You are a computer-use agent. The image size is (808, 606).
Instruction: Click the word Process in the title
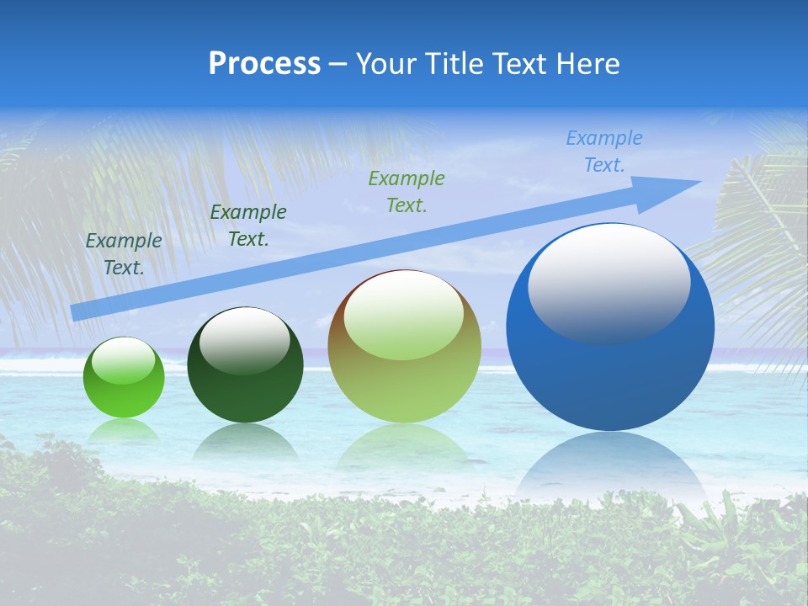[264, 64]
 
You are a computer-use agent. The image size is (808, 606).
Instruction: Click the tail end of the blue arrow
[77, 312]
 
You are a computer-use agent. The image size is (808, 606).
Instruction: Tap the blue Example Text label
[604, 151]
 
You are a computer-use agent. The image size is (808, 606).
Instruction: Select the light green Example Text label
[407, 191]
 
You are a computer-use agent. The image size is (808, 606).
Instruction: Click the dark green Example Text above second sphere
[248, 226]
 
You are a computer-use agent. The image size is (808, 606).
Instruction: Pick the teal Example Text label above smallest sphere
[124, 253]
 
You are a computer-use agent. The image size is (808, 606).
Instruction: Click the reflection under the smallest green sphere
[124, 431]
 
